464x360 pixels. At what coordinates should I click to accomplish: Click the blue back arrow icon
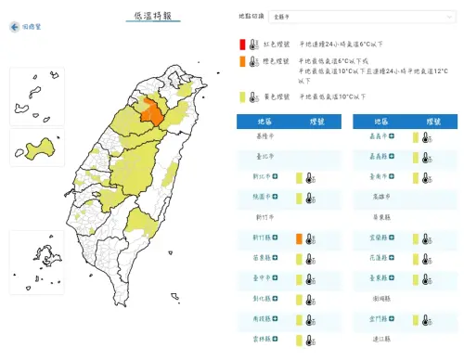[13, 27]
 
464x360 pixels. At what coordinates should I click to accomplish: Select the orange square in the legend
[242, 62]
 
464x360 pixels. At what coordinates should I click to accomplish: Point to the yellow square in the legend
[242, 96]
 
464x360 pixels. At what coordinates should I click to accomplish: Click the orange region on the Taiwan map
[150, 111]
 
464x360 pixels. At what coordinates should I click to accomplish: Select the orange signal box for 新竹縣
[299, 239]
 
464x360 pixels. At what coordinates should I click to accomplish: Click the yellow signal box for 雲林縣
[299, 341]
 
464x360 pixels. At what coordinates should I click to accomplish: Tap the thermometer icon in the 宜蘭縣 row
[426, 238]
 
